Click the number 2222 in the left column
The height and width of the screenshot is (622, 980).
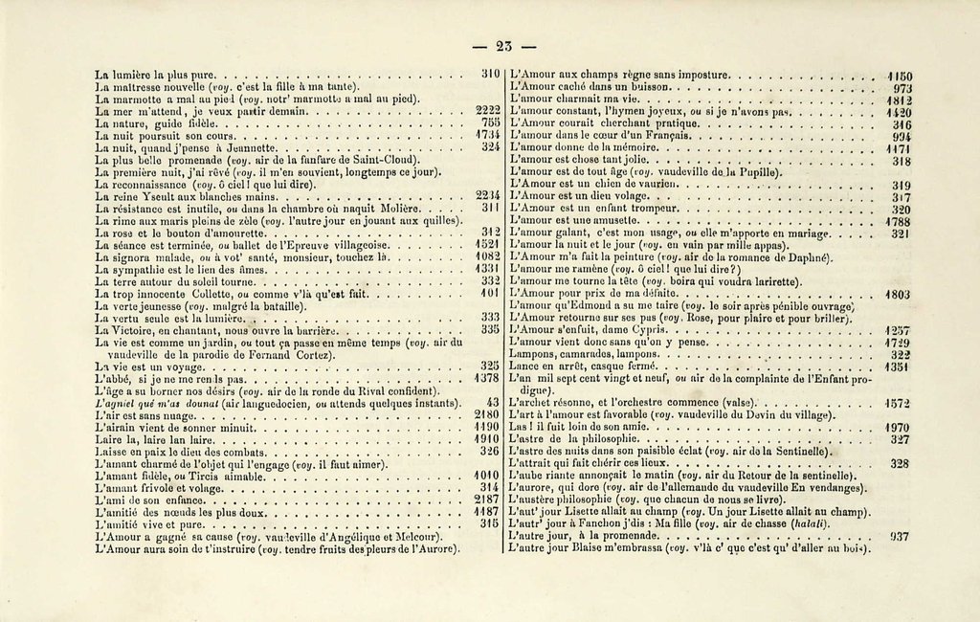click(x=488, y=111)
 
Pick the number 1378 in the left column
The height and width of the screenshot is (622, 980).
click(x=488, y=378)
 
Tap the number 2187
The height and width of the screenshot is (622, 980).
click(x=488, y=500)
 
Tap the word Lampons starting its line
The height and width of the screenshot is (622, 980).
click(x=532, y=354)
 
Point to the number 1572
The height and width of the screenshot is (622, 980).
click(x=899, y=403)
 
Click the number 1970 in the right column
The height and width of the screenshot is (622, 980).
click(x=899, y=427)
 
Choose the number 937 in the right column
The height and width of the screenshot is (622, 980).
click(x=901, y=537)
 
